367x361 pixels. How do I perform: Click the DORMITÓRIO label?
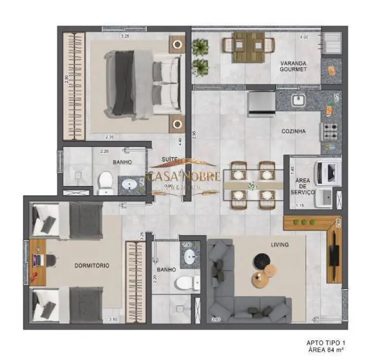[x=92, y=265]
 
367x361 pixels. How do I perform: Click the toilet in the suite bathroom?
[x=105, y=183]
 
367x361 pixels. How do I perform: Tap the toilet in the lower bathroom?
[x=185, y=284]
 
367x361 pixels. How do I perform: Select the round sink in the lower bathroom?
[x=189, y=257]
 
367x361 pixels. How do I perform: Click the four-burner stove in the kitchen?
[x=331, y=132]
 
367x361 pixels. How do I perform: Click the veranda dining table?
[x=248, y=44]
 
